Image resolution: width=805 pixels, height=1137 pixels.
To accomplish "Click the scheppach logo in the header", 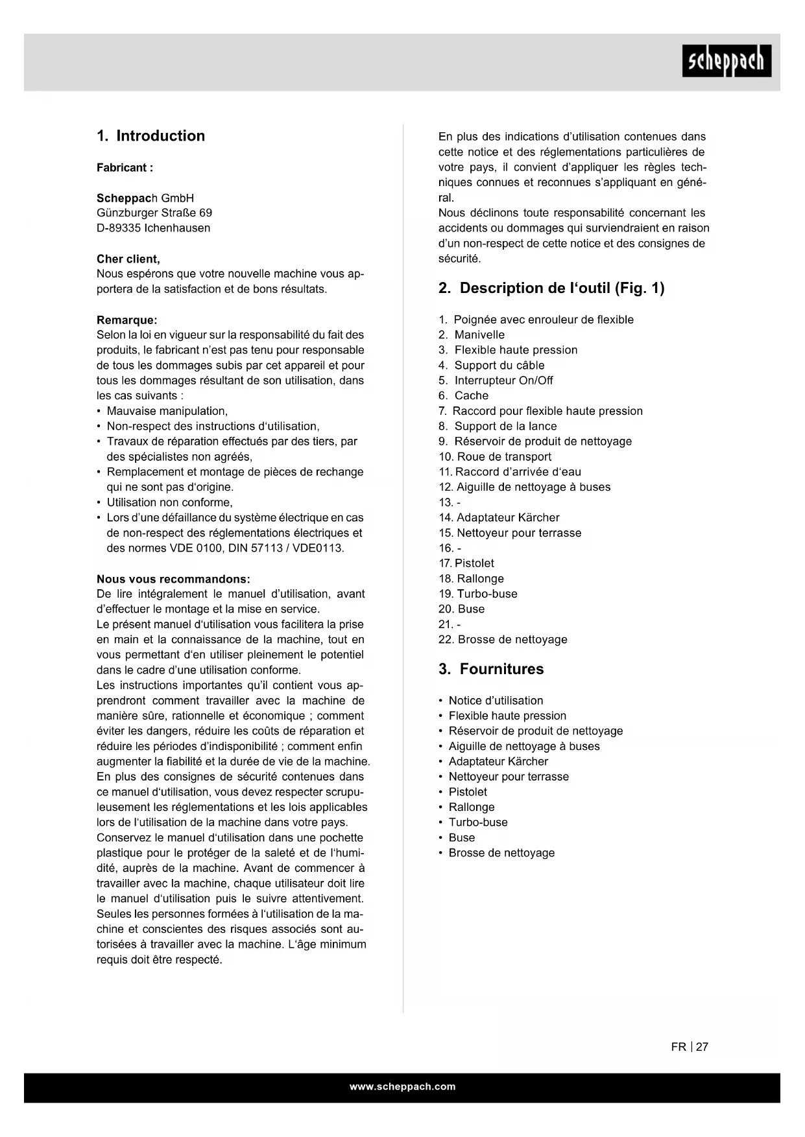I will [x=727, y=61].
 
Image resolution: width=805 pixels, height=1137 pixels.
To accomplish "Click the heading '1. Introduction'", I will [x=150, y=136].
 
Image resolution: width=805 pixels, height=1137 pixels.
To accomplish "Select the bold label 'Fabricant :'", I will [x=125, y=168].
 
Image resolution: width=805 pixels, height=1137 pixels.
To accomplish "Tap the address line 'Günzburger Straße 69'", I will [x=154, y=213].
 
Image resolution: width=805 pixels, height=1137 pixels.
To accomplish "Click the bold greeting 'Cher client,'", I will [x=128, y=259].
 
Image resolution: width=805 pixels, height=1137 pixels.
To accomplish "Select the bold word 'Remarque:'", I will [x=126, y=320].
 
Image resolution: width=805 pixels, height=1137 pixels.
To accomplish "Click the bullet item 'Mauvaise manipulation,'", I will [x=167, y=411].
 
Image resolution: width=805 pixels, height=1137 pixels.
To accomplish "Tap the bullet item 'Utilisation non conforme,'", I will [x=169, y=502].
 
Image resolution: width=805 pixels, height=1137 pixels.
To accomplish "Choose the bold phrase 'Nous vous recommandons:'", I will [x=173, y=579].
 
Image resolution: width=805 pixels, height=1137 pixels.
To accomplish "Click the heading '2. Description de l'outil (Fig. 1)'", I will [x=551, y=288].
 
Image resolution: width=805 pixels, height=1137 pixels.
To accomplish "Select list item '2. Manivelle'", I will [x=472, y=335].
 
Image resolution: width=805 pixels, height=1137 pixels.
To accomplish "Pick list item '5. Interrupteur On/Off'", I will [x=496, y=381].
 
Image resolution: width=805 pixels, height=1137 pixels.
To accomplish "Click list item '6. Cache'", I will [x=464, y=396].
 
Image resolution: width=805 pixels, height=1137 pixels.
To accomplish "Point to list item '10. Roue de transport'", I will [x=495, y=457].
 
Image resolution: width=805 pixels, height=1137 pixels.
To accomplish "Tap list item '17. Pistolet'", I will [x=466, y=563].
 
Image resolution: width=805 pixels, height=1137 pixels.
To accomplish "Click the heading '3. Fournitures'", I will [x=491, y=670].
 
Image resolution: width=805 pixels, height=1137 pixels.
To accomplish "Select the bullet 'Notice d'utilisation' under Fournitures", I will [x=496, y=701].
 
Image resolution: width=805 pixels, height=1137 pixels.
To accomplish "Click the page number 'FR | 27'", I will [x=690, y=1047].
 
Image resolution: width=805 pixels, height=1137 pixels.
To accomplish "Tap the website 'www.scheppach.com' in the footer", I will [x=402, y=1087].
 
